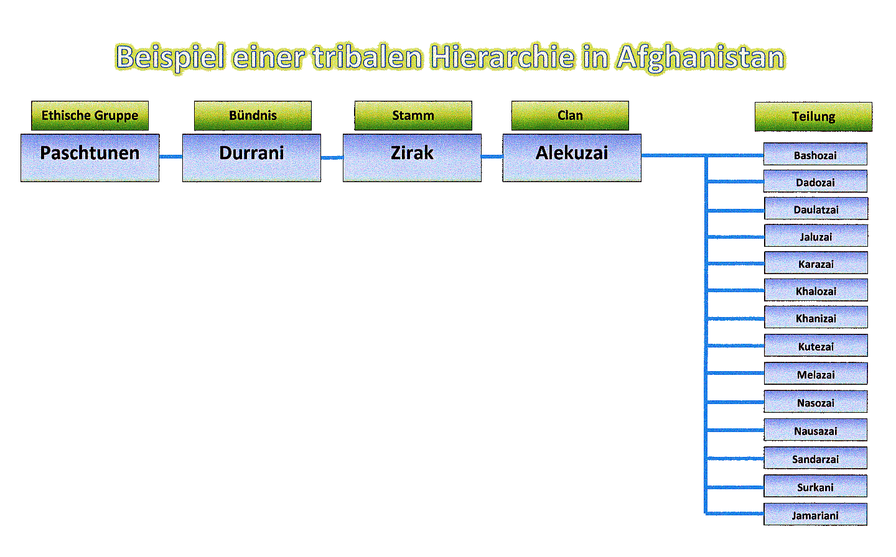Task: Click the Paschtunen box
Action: [x=90, y=158]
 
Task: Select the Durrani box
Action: [x=251, y=158]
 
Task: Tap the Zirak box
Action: [x=412, y=158]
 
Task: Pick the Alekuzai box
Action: [x=572, y=158]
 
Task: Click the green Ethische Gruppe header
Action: [x=90, y=116]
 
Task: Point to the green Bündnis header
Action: [x=253, y=116]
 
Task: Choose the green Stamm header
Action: [x=413, y=116]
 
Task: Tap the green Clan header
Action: [x=570, y=116]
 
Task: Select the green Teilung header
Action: [x=813, y=117]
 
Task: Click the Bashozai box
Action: [x=815, y=154]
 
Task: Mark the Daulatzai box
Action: [x=816, y=209]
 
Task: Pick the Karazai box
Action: [x=816, y=263]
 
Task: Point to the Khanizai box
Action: [x=816, y=318]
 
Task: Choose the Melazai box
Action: [x=816, y=374]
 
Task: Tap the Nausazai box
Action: [x=815, y=430]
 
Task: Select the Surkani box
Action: [x=815, y=486]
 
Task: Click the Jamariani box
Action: [x=815, y=515]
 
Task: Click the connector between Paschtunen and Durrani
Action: [x=170, y=157]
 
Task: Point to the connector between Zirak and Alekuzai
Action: [x=492, y=157]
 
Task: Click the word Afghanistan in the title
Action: [x=701, y=58]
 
